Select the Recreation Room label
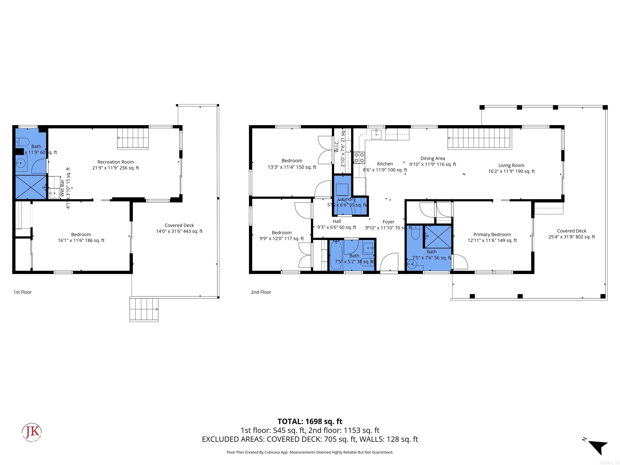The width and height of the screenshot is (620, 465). click(x=115, y=162)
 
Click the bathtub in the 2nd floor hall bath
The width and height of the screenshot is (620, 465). click(x=335, y=255)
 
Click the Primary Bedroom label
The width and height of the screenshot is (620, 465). click(x=492, y=235)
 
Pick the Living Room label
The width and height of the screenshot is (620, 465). click(x=511, y=165)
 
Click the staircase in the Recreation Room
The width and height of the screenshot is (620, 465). click(x=132, y=138)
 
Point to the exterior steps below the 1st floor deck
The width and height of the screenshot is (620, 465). click(x=144, y=309)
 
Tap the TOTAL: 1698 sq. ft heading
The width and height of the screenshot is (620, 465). click(x=310, y=421)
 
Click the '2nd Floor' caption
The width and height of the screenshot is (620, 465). click(x=261, y=292)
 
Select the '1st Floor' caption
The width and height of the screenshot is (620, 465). click(x=23, y=292)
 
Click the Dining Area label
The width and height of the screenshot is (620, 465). click(x=433, y=158)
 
